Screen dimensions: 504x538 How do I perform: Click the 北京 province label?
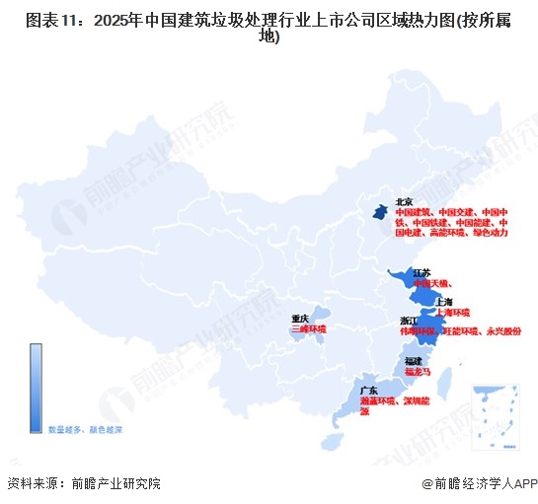tap(403, 201)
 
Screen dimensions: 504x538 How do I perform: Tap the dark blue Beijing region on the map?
tap(379, 210)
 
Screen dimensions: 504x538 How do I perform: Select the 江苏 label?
tap(421, 272)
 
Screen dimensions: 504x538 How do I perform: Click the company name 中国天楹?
tap(429, 283)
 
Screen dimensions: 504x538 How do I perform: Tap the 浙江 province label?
tap(409, 322)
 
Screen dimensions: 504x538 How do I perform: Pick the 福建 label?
tap(415, 362)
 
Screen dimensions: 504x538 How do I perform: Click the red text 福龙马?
tap(419, 373)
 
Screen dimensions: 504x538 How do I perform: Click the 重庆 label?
tap(300, 318)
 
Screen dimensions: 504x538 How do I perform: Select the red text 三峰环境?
tap(308, 328)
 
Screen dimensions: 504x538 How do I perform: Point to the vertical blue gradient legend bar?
tap(36, 386)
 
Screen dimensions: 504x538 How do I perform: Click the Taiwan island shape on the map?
tap(442, 380)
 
